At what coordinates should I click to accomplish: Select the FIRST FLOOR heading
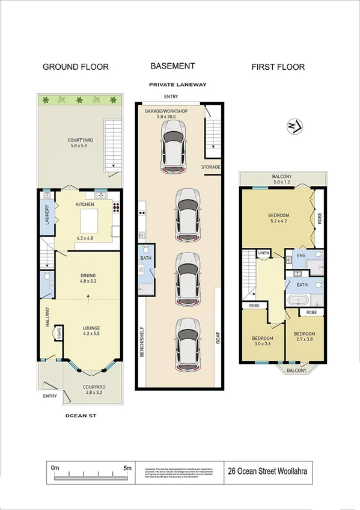point(278,67)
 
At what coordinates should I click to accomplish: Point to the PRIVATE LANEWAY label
point(178,85)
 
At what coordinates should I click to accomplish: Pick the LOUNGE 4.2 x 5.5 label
point(91,331)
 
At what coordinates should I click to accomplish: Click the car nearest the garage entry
point(172,145)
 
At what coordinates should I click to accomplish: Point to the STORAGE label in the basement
point(211,167)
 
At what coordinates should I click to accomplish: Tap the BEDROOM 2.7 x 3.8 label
point(304,337)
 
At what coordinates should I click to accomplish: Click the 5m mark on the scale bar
point(127,467)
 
